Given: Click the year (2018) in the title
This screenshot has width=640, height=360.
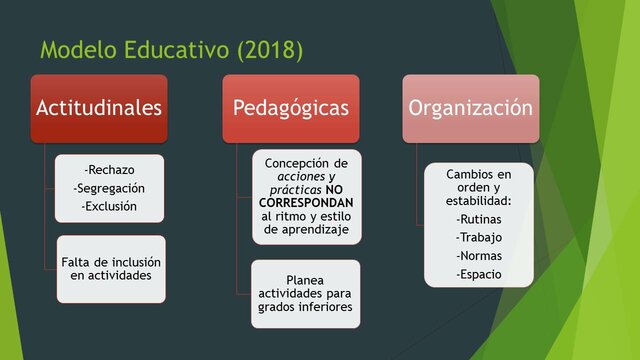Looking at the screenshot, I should tap(268, 49).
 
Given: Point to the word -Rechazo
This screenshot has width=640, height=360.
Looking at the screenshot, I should tap(110, 170).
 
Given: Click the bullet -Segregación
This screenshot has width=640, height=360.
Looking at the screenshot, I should tap(110, 188).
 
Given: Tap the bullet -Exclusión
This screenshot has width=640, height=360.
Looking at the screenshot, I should tap(110, 206).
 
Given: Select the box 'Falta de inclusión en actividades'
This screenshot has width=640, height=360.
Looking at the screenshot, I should tap(110, 268).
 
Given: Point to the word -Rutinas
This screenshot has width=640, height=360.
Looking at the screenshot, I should tap(478, 219).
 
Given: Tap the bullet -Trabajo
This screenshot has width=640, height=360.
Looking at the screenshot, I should tap(478, 237).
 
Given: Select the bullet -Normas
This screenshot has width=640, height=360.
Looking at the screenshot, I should tap(478, 255).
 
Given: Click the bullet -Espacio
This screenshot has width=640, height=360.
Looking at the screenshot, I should tap(478, 273).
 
